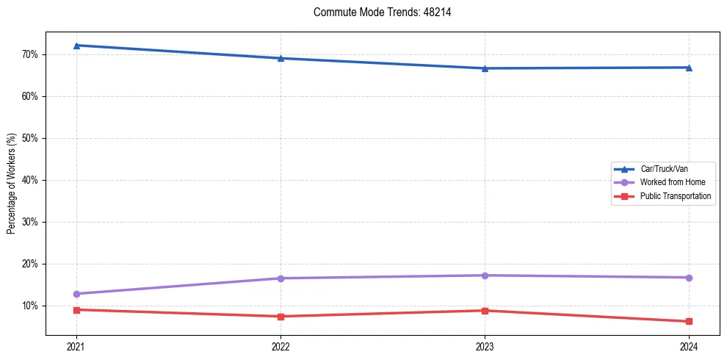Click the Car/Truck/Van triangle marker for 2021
76,46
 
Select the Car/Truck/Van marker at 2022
281,58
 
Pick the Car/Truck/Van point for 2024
689,68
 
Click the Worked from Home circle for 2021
76,294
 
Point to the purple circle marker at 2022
281,278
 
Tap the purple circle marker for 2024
689,278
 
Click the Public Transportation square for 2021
76,309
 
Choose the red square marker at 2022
281,317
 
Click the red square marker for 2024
689,321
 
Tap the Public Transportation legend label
675,196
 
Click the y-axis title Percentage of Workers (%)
12,184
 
